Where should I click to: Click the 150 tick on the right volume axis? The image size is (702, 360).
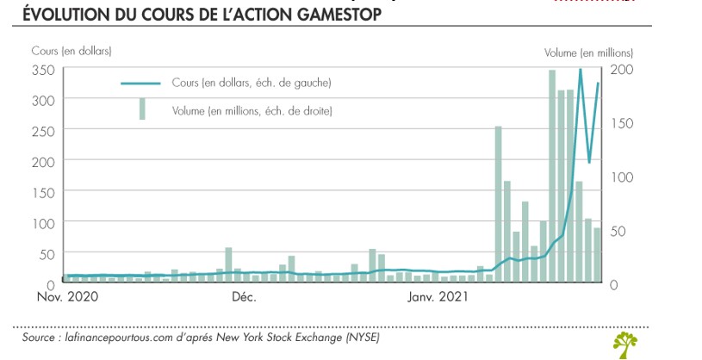[x=621, y=123]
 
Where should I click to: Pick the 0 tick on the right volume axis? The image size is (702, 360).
[x=613, y=284]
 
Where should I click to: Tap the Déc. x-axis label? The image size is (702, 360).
[x=244, y=298]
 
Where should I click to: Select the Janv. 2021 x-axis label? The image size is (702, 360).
[x=438, y=298]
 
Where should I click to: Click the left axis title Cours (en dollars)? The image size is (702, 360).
[x=71, y=53]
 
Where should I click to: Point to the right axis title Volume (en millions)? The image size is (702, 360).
[x=588, y=53]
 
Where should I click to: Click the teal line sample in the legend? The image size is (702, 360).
[x=142, y=84]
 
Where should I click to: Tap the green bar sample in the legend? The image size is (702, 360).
[x=142, y=109]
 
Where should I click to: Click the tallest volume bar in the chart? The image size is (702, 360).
[x=552, y=177]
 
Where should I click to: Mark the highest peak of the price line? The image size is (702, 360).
[x=581, y=70]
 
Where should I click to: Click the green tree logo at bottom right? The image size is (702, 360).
[x=625, y=344]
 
